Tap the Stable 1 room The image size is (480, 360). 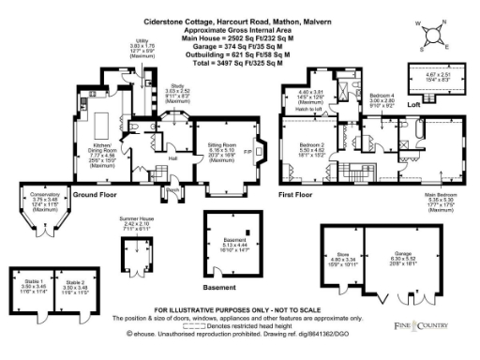coord(32,287)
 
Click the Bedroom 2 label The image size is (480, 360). coord(310,145)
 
